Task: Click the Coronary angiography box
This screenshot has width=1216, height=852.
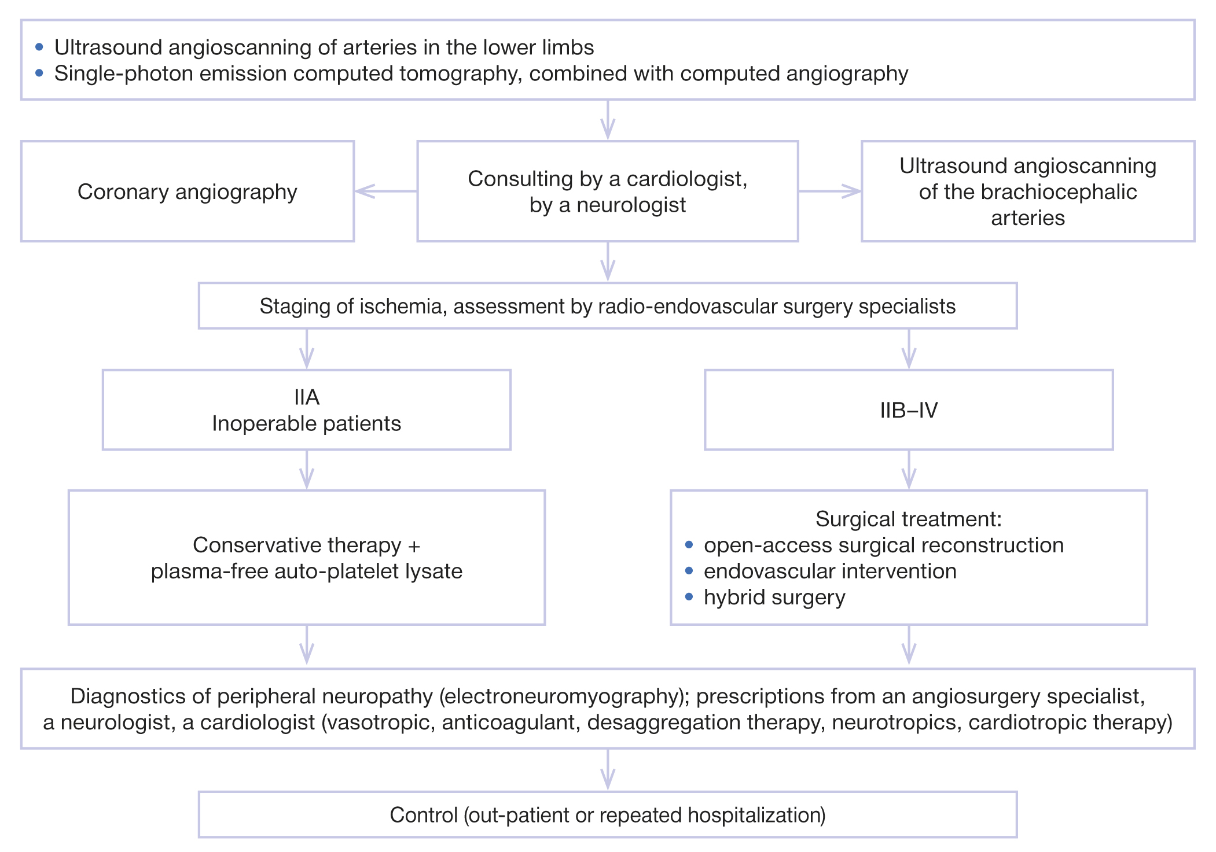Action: click(x=187, y=191)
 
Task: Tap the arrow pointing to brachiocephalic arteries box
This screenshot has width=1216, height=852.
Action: click(x=829, y=191)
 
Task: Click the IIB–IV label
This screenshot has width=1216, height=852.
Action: click(x=909, y=410)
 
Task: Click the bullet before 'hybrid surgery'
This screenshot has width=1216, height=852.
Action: click(x=689, y=596)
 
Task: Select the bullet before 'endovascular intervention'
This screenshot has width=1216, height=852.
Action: click(x=689, y=570)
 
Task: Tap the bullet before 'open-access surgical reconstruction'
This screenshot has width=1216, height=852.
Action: click(x=689, y=544)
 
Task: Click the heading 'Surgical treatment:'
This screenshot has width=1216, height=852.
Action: click(x=908, y=519)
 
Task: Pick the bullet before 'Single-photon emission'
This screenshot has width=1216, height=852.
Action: click(x=39, y=73)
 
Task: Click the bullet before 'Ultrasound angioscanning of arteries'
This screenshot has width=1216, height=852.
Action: click(x=39, y=47)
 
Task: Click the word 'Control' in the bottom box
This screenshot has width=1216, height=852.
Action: click(x=424, y=815)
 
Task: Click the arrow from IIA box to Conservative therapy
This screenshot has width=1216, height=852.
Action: click(x=307, y=470)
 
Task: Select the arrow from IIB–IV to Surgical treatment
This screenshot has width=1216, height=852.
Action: click(x=909, y=470)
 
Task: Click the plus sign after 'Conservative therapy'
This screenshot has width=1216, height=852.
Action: click(x=414, y=545)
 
